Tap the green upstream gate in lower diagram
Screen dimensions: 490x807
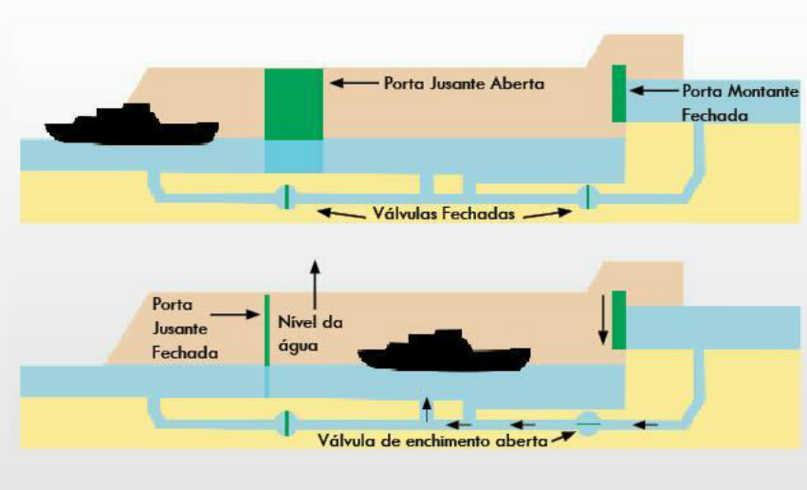tap(619, 320)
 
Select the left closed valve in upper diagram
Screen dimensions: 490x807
tap(285, 198)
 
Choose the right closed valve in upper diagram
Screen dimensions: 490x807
tap(587, 198)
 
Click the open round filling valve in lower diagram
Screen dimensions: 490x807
tap(587, 424)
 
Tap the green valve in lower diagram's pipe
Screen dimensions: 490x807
tap(285, 424)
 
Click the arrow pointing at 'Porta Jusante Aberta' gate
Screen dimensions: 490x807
tap(353, 84)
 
